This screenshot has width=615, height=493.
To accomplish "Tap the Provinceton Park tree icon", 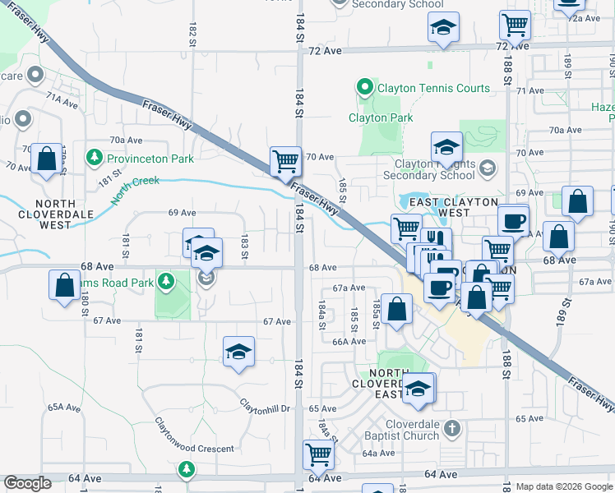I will tap(95, 156).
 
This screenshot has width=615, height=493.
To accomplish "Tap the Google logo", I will tap(27, 483).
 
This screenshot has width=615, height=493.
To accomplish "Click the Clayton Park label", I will tap(381, 117).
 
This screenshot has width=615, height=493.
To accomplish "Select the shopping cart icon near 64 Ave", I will tap(318, 454).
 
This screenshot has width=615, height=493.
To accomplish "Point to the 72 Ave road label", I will tap(325, 50).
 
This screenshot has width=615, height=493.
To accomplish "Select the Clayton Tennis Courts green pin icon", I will tap(363, 86).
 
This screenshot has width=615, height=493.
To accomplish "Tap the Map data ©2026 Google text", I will tap(564, 486).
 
